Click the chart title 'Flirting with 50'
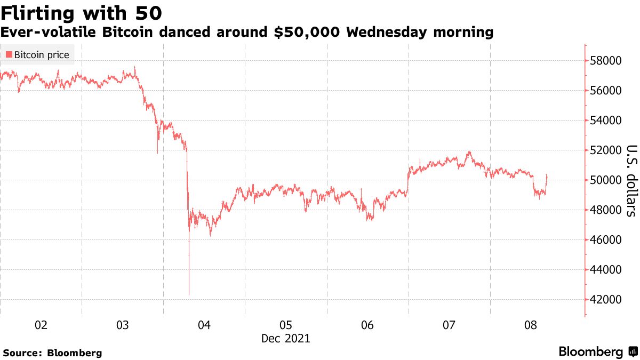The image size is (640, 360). (82, 12)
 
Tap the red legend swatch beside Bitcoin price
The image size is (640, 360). (9, 55)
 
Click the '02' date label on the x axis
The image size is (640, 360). (41, 325)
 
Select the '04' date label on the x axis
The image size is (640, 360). (204, 325)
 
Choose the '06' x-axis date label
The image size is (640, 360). (367, 325)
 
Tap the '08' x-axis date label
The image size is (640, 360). (530, 325)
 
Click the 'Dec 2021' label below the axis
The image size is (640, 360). (285, 339)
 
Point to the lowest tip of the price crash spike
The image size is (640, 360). (189, 294)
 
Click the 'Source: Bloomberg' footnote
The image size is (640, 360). (52, 353)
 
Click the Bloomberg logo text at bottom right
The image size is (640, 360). (590, 352)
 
